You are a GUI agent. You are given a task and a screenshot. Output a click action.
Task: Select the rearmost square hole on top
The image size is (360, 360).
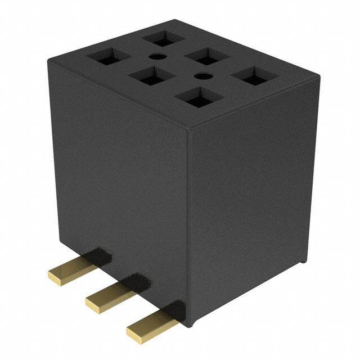coord(163,39)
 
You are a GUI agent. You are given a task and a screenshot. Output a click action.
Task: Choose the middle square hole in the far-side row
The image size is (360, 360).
coord(208,57)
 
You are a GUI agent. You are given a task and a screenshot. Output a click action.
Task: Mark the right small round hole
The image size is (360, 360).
coord(202,76)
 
